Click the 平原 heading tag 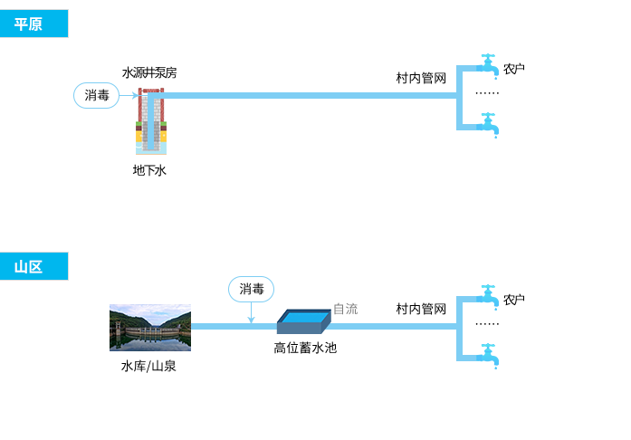coord(28,24)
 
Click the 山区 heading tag coord(28,267)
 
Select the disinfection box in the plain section coord(96,95)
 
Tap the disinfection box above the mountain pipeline coord(251,289)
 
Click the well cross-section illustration coord(151,120)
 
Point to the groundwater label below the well coord(149,170)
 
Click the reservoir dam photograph coord(149,327)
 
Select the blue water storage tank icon coord(304,321)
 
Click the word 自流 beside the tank coord(345,309)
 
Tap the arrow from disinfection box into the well coord(129,95)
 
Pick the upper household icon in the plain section coord(488,67)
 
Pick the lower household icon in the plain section coord(488,125)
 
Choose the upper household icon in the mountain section coord(488,298)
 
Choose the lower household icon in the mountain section coord(488,356)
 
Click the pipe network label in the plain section coord(421,78)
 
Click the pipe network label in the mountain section coord(421,309)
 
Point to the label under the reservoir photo coord(148,367)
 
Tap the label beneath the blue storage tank coord(305,347)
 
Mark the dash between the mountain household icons coord(487,324)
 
